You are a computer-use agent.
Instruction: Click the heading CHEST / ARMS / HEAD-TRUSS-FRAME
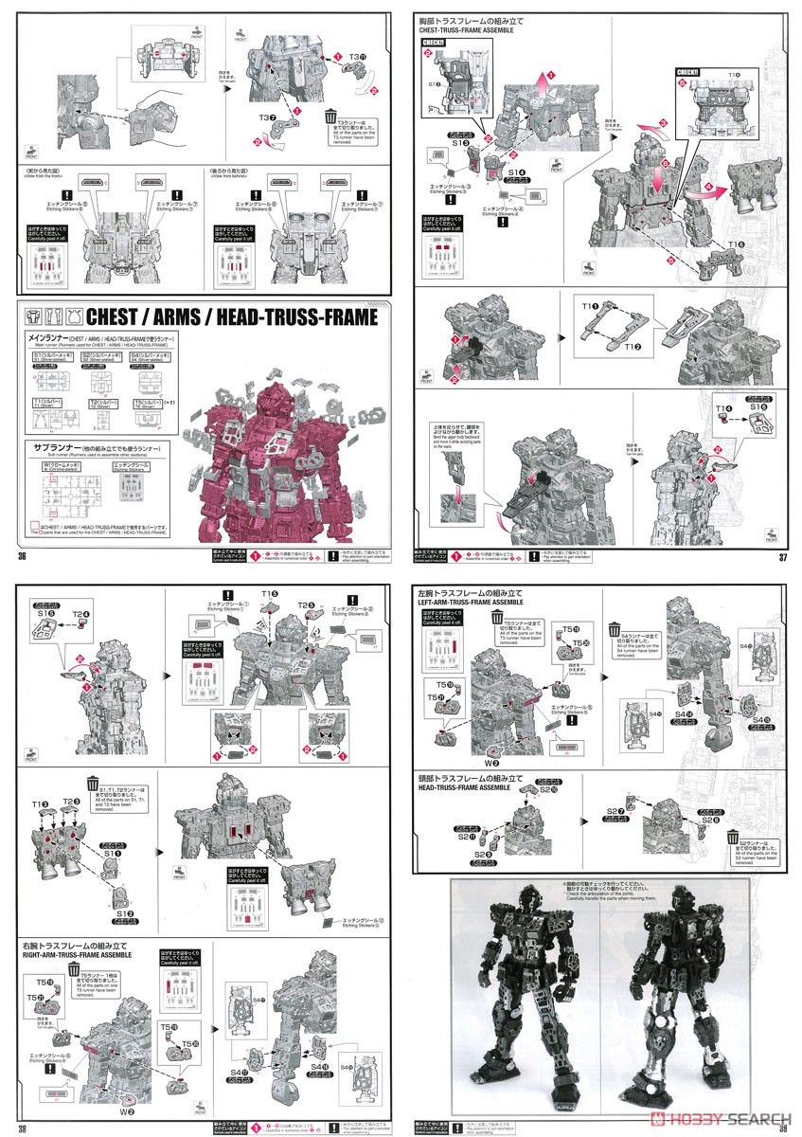pyautogui.click(x=231, y=316)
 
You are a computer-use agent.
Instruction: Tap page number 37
pyautogui.click(x=781, y=556)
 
